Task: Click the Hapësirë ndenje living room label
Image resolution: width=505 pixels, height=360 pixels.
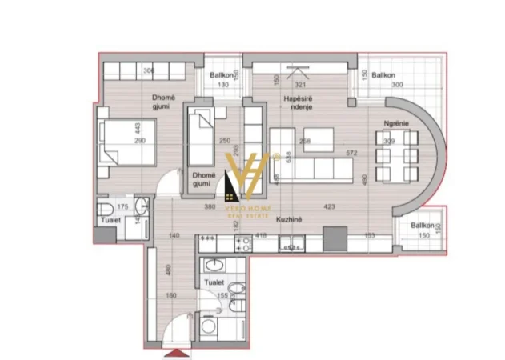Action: point(297,102)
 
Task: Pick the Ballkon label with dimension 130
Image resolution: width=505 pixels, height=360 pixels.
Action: point(221,75)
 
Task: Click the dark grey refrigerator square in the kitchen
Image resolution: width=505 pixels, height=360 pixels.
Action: point(335,238)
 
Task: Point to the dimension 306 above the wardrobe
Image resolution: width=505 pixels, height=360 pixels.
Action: point(148,70)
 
